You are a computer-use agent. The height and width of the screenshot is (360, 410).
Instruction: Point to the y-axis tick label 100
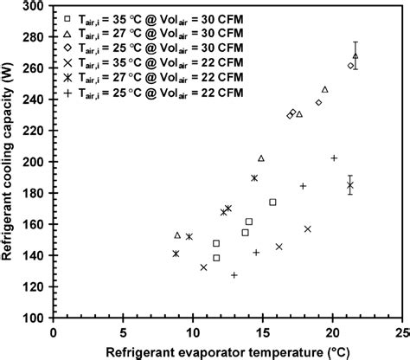pyautogui.click(x=35, y=318)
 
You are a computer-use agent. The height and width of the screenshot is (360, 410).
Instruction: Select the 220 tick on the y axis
pyautogui.click(x=35, y=131)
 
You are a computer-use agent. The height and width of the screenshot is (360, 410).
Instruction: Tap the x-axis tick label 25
pyautogui.click(x=401, y=331)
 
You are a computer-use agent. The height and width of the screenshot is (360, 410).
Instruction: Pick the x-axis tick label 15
pyautogui.click(x=262, y=331)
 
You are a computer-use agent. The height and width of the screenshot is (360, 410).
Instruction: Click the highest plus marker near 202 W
pyautogui.click(x=334, y=157)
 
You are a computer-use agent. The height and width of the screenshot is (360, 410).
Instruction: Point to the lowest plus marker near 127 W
pyautogui.click(x=234, y=275)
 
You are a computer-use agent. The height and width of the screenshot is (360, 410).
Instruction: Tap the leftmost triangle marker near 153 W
pyautogui.click(x=177, y=235)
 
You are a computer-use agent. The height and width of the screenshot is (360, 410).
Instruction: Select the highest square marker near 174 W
pyautogui.click(x=272, y=202)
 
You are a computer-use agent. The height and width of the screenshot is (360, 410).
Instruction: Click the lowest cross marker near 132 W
pyautogui.click(x=203, y=267)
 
